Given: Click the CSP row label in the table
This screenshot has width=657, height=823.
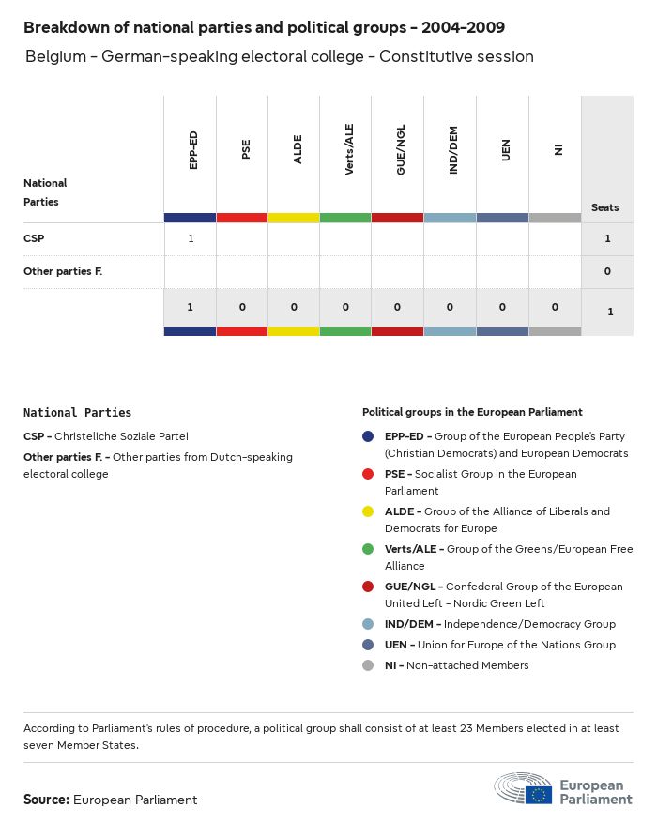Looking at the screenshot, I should coord(34,238).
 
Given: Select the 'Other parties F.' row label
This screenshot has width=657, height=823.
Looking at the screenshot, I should coord(62,271).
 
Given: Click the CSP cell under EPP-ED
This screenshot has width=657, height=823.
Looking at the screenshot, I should coord(191,238).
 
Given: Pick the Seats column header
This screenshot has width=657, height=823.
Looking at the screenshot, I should coord(605,207).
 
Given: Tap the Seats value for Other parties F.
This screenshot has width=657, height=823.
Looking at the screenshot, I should coord(607,271).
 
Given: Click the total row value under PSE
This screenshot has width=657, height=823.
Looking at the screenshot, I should coord(242,307).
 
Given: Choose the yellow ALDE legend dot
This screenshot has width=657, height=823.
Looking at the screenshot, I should coord(368,511).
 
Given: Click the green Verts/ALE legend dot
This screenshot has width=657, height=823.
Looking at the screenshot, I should coord(368,549).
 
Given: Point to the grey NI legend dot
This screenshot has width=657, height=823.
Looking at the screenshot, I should coord(368,665).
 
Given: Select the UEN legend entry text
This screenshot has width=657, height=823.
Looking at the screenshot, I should coord(499,645).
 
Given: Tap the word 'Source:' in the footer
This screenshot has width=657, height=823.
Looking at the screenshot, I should coord(46,800).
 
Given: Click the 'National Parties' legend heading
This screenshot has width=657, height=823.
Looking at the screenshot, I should coord(77,412).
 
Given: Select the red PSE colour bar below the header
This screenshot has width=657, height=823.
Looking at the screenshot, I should coord(242,218).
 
